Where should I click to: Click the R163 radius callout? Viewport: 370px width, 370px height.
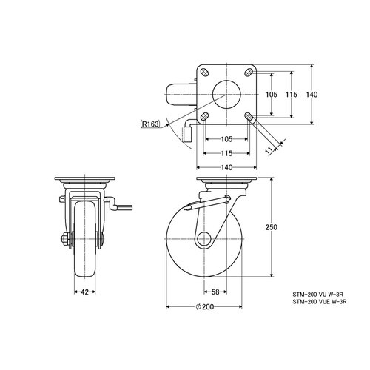tap(150, 124)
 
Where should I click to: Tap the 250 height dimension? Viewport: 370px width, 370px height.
tap(272, 227)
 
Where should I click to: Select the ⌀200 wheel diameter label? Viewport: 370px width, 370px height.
tap(205, 307)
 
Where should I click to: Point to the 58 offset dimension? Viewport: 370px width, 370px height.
tap(215, 292)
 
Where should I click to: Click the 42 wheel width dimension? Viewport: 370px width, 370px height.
tap(84, 292)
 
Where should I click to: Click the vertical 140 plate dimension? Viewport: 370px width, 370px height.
tap(312, 95)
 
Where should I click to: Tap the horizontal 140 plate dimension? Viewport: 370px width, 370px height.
tap(226, 168)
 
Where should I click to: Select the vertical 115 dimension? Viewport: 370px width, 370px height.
tap(292, 95)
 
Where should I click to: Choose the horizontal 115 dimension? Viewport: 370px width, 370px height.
tap(226, 153)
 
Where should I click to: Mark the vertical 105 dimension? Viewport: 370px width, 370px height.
tap(272, 95)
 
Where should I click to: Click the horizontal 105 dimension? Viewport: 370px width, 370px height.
tap(226, 139)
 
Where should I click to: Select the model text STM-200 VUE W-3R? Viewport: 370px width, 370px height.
tap(320, 301)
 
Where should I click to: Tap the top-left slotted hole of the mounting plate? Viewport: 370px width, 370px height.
tap(204, 72)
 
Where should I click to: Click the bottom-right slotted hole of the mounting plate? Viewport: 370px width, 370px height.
tap(249, 116)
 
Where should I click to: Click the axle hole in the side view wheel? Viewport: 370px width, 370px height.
tap(204, 239)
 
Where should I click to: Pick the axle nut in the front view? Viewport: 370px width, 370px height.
tap(64, 239)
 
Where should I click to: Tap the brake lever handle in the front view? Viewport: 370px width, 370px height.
tap(124, 207)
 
